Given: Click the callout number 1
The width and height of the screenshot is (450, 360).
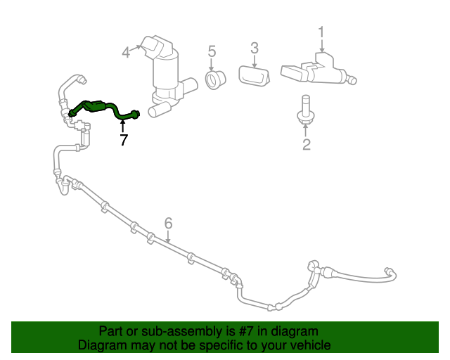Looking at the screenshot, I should coord(321,32).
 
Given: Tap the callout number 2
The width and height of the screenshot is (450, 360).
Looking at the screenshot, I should coord(307,146).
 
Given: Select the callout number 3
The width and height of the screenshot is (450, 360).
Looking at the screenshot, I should coord(255,48).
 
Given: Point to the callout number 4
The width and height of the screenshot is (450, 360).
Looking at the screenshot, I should coord(126,52).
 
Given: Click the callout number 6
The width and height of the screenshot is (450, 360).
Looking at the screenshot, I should coord(168,224).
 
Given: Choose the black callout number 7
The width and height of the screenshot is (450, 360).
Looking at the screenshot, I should coord(124,140).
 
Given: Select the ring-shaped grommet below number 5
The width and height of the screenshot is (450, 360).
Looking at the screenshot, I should coord(214,80).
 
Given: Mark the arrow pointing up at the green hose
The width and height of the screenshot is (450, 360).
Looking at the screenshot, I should coord(123,125).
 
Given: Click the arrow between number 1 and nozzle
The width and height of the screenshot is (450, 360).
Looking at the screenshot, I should coord(321,45).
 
